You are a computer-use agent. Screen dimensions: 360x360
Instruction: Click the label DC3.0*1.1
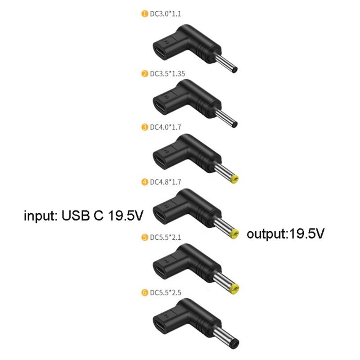(165, 14)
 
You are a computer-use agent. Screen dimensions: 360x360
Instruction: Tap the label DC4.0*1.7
(165, 127)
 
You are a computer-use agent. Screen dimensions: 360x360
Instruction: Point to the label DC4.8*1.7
(165, 182)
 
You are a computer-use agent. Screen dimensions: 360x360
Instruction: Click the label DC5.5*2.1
(165, 237)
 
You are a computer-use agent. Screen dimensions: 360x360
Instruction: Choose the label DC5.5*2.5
(165, 292)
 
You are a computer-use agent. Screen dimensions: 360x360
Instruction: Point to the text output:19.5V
(285, 234)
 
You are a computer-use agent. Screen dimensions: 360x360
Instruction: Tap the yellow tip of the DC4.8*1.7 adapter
(234, 234)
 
